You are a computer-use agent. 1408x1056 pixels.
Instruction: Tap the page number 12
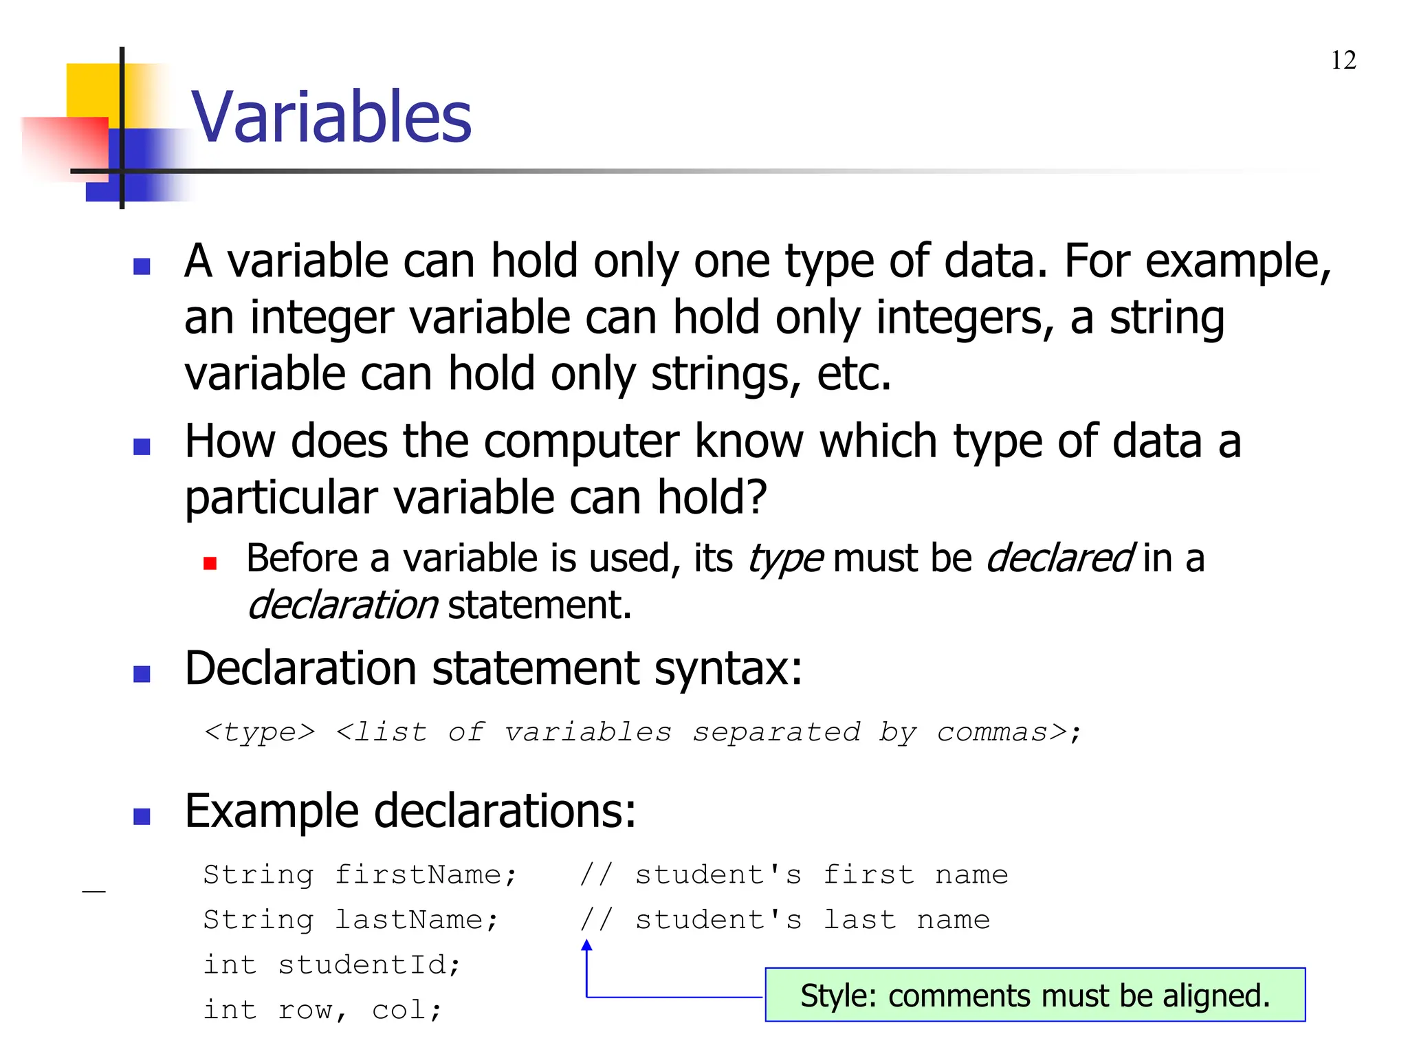[x=1343, y=60]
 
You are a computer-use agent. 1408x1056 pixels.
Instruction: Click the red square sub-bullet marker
[x=210, y=564]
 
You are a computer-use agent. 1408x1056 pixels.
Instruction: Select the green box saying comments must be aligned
[x=1035, y=995]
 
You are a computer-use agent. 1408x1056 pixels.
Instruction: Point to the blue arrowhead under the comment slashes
[x=586, y=946]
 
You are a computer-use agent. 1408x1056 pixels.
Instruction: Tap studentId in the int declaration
[x=368, y=965]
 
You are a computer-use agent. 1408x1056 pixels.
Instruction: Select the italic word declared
[x=1059, y=558]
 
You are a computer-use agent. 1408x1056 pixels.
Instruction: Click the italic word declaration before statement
[x=342, y=605]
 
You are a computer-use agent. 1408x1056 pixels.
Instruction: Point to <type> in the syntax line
[x=260, y=732]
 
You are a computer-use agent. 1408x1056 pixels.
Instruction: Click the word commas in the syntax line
[x=1002, y=732]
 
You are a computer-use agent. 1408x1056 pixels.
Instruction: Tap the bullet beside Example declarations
[x=142, y=816]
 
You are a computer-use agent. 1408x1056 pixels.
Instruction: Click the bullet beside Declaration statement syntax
[x=142, y=674]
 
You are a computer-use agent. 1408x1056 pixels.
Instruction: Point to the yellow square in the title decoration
[x=93, y=89]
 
